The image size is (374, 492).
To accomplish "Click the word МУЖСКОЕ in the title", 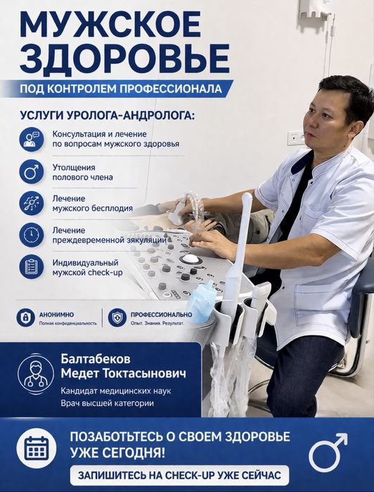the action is point(110,25).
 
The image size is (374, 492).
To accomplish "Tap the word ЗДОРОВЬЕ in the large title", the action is point(124,58).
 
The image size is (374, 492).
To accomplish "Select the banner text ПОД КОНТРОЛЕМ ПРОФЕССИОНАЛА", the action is point(121,89).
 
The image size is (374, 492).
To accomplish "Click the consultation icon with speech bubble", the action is point(32,139).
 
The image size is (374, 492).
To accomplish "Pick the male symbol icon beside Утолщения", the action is point(32,171).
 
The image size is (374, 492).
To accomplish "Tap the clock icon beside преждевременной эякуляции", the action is point(32,235).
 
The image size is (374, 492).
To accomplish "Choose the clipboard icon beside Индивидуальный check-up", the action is point(32,266).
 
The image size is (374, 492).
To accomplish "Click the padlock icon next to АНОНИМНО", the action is point(26,317).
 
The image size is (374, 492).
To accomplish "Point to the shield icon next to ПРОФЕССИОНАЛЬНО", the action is point(117,317).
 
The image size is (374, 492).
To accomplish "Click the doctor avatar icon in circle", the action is point(36,374).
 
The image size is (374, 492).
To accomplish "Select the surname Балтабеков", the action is point(96,358).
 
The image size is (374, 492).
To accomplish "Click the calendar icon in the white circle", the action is point(37,448).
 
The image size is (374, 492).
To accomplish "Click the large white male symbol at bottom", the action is point(328,453).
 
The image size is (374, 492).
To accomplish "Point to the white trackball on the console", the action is point(190,259).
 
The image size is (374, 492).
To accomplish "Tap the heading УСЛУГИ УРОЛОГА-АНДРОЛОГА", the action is point(108,115).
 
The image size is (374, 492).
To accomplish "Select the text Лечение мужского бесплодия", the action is point(93,203).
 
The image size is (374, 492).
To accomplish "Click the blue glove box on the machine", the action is point(202,302).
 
